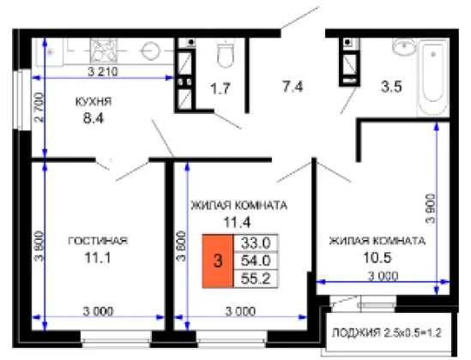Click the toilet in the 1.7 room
click(x=225, y=52)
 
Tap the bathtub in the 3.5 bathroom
click(x=433, y=78)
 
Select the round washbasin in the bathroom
click(x=404, y=47)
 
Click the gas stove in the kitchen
click(x=104, y=51)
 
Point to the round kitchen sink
click(x=150, y=51)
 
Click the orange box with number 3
click(x=218, y=261)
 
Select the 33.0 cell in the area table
click(x=256, y=243)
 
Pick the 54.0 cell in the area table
click(x=256, y=261)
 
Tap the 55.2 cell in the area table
click(x=256, y=279)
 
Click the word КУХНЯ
click(x=94, y=102)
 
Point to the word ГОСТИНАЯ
click(x=98, y=241)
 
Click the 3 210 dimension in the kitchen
click(x=103, y=72)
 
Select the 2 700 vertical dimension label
click(x=39, y=108)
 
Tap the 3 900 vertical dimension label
click(x=430, y=208)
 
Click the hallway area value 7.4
click(x=293, y=87)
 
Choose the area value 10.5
click(x=377, y=257)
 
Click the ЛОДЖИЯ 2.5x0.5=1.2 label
click(x=387, y=333)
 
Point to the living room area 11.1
click(x=98, y=257)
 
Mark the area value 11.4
click(x=237, y=222)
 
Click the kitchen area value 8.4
click(x=94, y=118)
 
